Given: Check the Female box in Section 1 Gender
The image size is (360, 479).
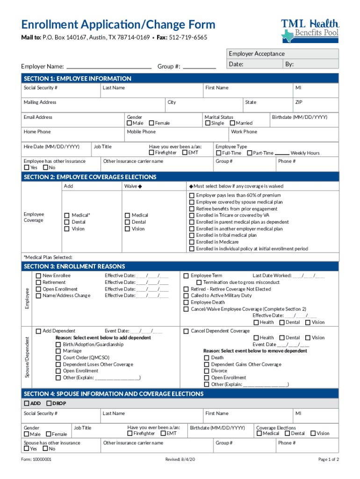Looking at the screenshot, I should click(151, 123).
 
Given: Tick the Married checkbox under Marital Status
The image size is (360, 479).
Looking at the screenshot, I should click(232, 123).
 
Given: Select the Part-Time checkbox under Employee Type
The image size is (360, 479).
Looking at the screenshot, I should click(250, 153).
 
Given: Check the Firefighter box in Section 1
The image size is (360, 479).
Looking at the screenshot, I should click(151, 152).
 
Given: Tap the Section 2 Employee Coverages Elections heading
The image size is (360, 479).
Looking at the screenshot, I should click(90, 177).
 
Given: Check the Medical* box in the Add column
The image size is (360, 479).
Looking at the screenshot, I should click(67, 215).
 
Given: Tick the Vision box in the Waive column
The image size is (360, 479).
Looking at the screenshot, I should click(127, 229).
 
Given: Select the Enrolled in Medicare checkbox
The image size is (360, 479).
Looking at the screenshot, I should click(192, 242).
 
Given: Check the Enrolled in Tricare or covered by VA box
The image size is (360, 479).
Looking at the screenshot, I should click(192, 215).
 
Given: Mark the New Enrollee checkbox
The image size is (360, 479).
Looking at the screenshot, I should click(38, 276).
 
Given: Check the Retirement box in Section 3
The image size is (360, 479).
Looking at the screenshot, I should click(38, 283).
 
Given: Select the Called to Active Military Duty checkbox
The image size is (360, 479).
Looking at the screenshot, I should click(186, 296).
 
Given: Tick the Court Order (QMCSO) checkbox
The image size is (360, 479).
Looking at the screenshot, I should click(58, 358).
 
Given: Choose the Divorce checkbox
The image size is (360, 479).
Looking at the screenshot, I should click(207, 371).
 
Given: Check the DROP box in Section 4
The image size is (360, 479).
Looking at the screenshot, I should click(49, 403).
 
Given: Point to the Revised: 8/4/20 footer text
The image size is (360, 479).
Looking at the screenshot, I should click(180, 459).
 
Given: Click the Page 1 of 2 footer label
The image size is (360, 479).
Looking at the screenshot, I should click(328, 459).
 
